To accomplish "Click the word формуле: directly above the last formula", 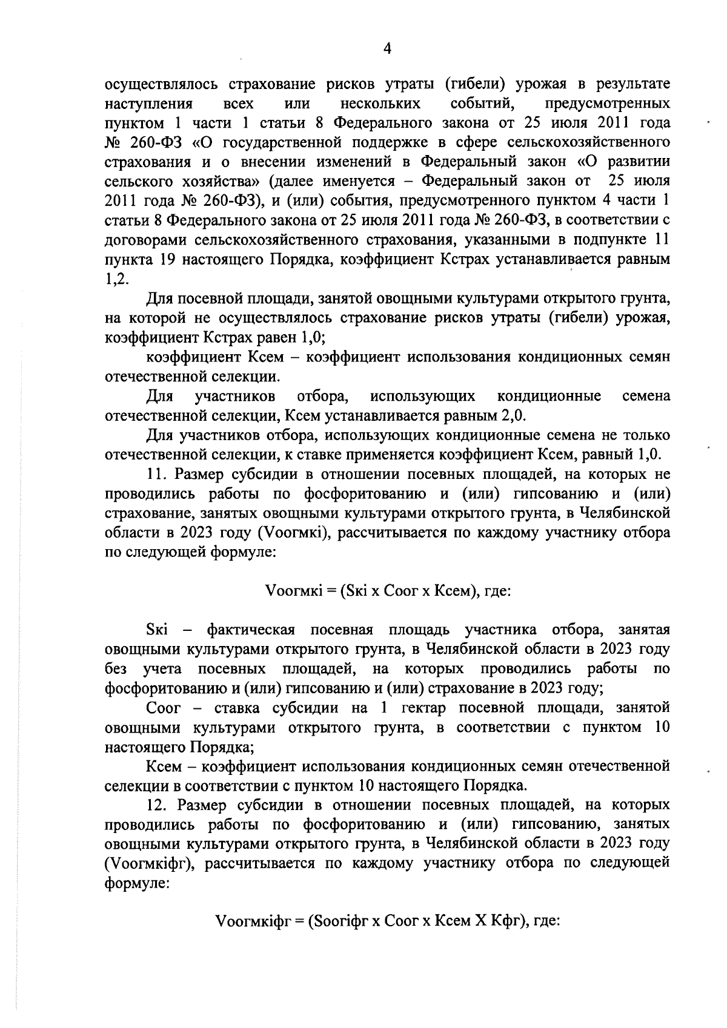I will click(137, 883).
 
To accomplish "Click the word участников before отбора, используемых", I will click(236, 397).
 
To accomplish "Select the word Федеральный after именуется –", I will click(471, 181).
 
